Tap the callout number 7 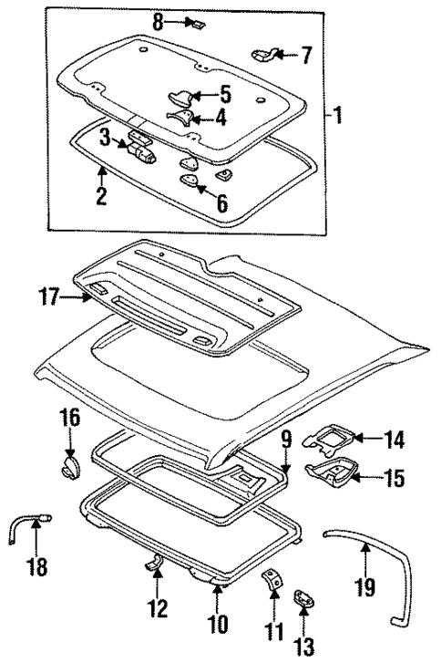306,57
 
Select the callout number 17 48,296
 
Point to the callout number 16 70,421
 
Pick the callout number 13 303,648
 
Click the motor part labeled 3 141,147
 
